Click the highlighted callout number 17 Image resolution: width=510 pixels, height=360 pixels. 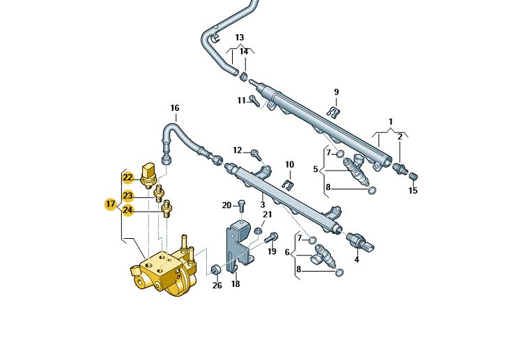point(110,204)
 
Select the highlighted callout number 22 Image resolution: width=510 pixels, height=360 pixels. point(127,178)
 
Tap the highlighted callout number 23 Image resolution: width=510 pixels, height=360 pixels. point(127,196)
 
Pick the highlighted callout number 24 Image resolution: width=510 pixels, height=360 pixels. point(127,210)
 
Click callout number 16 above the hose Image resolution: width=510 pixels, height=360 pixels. point(175,108)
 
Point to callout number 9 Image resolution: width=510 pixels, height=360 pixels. point(336,92)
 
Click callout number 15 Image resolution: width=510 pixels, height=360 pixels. point(412,190)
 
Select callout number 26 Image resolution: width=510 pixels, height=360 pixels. point(217,285)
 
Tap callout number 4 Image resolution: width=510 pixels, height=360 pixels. point(357,260)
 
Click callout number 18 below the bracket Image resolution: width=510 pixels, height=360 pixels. point(235,284)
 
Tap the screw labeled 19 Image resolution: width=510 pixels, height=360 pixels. point(272,238)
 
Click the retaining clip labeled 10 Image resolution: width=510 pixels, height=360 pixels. point(289,185)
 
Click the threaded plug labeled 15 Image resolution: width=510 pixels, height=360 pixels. point(412,175)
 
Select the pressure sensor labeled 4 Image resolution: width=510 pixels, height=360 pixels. point(362,241)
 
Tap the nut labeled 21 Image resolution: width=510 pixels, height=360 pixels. point(258,230)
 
